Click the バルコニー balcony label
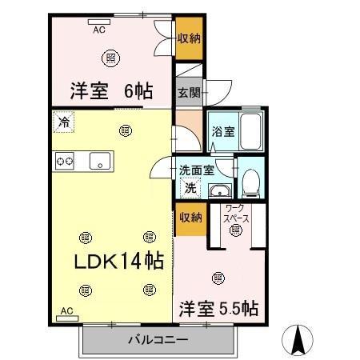point(158,340)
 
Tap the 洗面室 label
point(196,170)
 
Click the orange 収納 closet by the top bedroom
point(190,38)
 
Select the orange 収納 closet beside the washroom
point(190,217)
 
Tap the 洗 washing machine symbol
point(191,188)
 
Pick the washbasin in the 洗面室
point(218,190)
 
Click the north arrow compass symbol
point(299,339)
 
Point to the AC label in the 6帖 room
point(99,30)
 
